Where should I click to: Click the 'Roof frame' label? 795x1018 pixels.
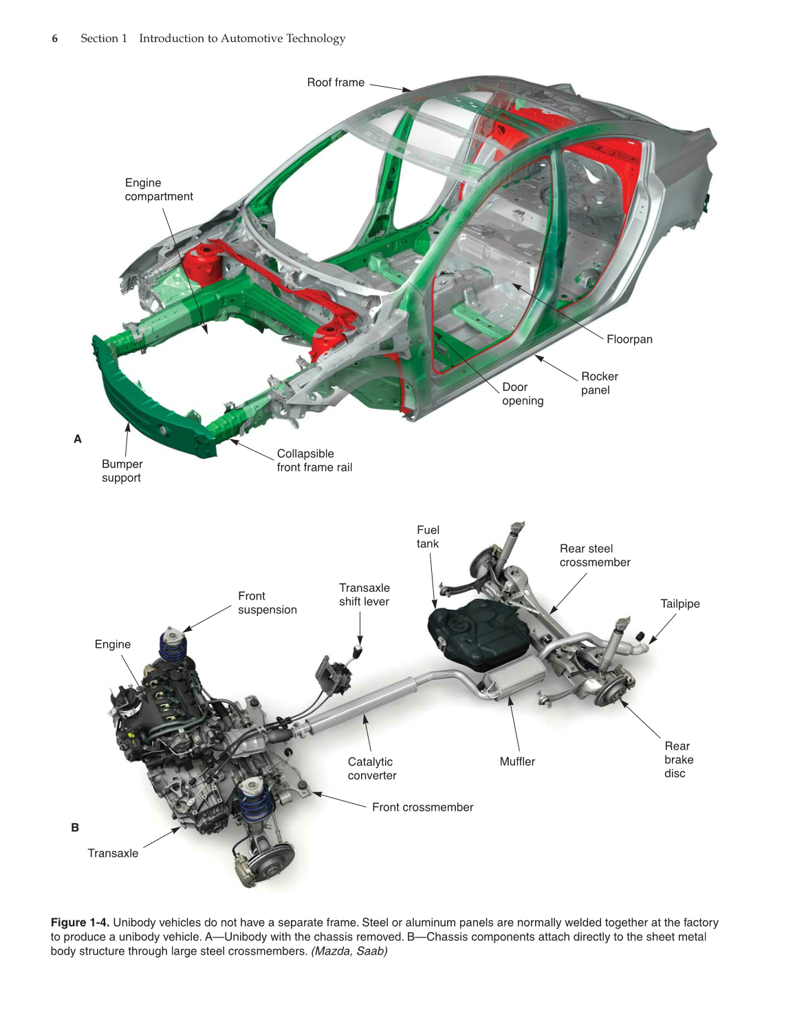tap(336, 83)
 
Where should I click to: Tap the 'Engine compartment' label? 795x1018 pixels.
tap(158, 189)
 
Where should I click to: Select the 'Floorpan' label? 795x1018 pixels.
tap(629, 339)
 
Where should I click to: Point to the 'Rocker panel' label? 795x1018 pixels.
tap(599, 383)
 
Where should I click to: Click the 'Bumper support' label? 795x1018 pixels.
tap(122, 471)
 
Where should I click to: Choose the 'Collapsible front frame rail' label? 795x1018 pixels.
tap(314, 460)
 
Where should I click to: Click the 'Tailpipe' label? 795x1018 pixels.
tap(679, 604)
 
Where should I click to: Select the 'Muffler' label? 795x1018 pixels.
tap(517, 761)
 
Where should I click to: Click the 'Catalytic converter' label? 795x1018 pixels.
tap(371, 768)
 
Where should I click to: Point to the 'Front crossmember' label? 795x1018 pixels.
tap(422, 807)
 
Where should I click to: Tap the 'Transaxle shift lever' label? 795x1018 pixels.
tap(364, 595)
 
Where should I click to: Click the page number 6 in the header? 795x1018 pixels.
tap(55, 39)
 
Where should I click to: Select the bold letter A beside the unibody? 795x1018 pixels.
tap(78, 439)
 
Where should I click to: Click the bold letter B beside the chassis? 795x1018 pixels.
tap(75, 827)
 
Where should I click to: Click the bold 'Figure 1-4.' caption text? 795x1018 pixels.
tap(80, 922)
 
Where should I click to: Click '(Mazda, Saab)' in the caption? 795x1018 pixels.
tap(349, 951)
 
